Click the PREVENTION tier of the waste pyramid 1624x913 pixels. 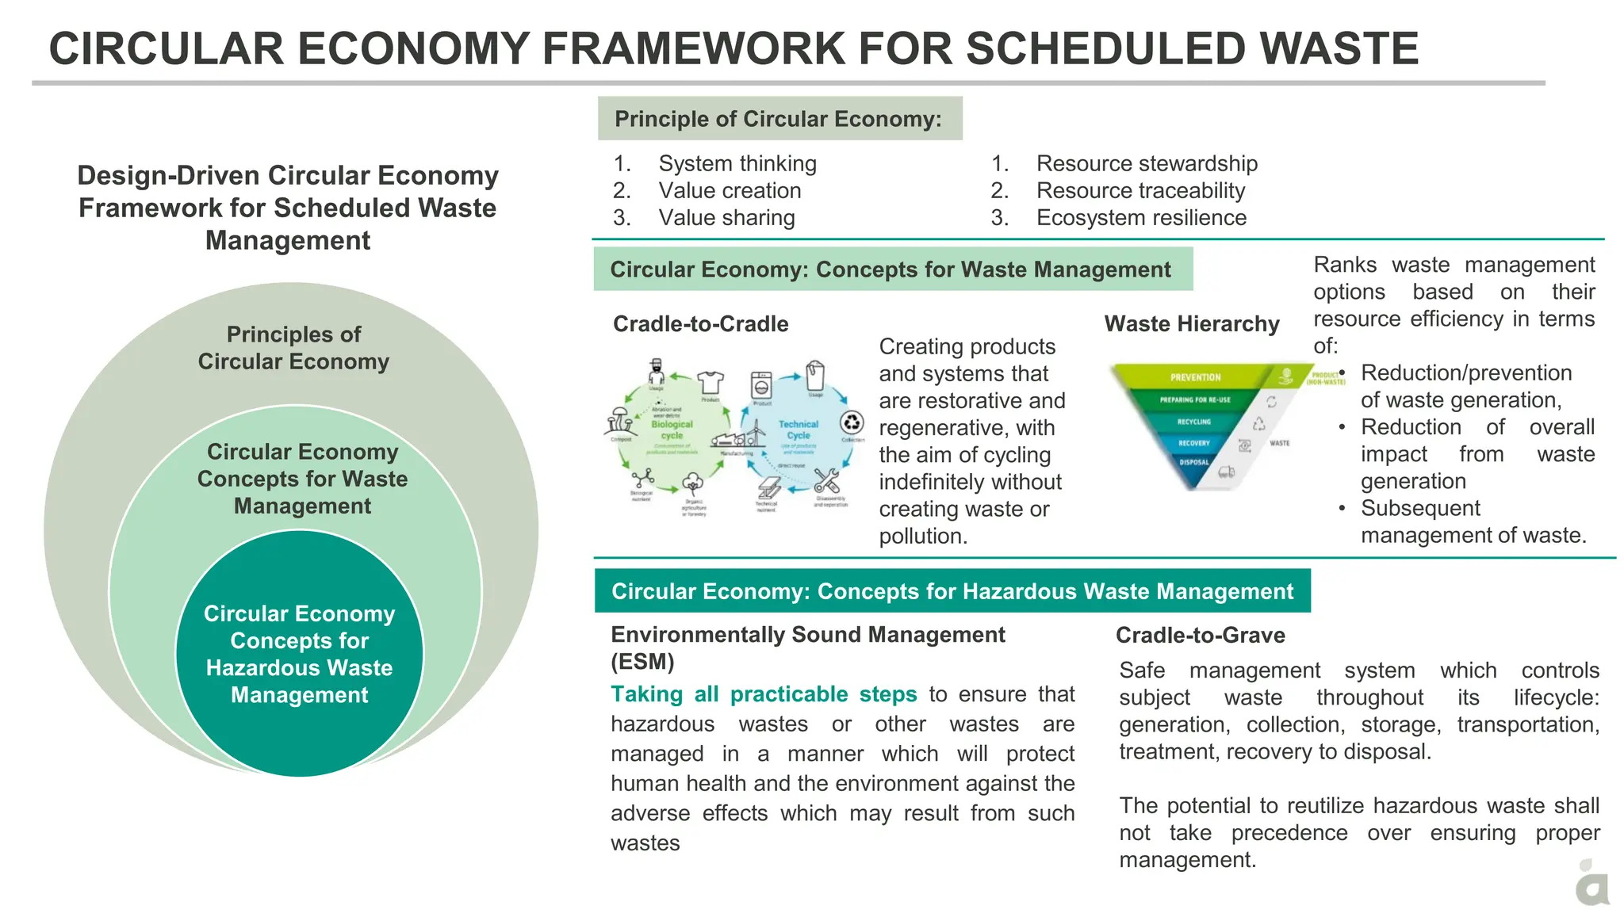[x=1196, y=377]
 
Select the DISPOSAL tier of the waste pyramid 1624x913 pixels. [x=1194, y=462]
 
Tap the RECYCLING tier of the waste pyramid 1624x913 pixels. [x=1194, y=422]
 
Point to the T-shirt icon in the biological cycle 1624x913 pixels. [x=710, y=382]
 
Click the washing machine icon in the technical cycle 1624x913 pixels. [x=761, y=385]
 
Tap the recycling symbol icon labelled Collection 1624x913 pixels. [x=852, y=422]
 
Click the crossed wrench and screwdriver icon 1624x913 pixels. [x=826, y=481]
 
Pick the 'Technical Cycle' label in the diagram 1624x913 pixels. [x=799, y=430]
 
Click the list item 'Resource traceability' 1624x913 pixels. [x=1140, y=191]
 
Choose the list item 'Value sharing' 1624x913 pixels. [x=726, y=218]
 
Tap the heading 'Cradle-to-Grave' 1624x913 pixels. [x=1200, y=636]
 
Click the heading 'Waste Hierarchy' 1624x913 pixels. [x=1191, y=324]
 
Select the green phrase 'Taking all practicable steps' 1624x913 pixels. [x=763, y=694]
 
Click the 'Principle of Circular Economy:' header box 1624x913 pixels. [x=779, y=119]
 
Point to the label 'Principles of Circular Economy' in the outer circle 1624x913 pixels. [x=293, y=348]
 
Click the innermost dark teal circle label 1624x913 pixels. [x=299, y=654]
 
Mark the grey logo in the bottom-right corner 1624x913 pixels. [x=1592, y=884]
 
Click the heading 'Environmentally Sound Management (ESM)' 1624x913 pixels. [x=807, y=648]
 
